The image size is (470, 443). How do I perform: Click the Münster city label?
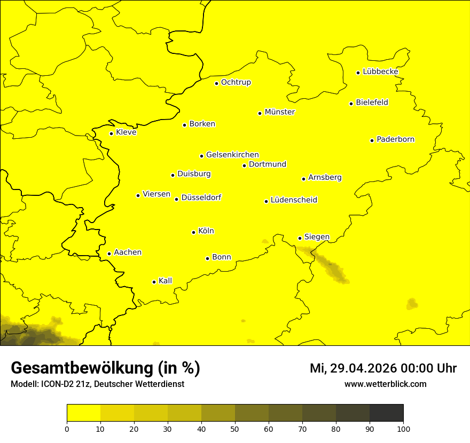click(x=279, y=112)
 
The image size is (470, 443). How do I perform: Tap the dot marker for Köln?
click(x=193, y=232)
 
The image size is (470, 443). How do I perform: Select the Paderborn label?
click(x=395, y=139)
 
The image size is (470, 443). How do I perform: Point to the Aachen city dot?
click(x=109, y=254)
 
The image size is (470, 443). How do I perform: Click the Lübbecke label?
click(x=380, y=72)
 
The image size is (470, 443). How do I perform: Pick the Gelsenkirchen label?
click(x=232, y=155)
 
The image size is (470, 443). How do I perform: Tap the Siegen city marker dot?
click(x=300, y=238)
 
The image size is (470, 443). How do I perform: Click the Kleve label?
click(x=126, y=132)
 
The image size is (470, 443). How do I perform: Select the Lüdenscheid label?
click(x=294, y=200)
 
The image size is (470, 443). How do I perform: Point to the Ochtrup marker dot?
click(x=216, y=83)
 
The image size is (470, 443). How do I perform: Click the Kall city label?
click(x=165, y=281)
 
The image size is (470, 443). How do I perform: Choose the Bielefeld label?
click(x=372, y=102)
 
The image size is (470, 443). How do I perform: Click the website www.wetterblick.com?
click(x=385, y=384)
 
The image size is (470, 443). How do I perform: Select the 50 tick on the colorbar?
click(x=235, y=428)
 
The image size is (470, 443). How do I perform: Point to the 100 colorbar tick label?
click(x=403, y=428)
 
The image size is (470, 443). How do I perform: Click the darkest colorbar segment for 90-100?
click(x=386, y=413)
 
